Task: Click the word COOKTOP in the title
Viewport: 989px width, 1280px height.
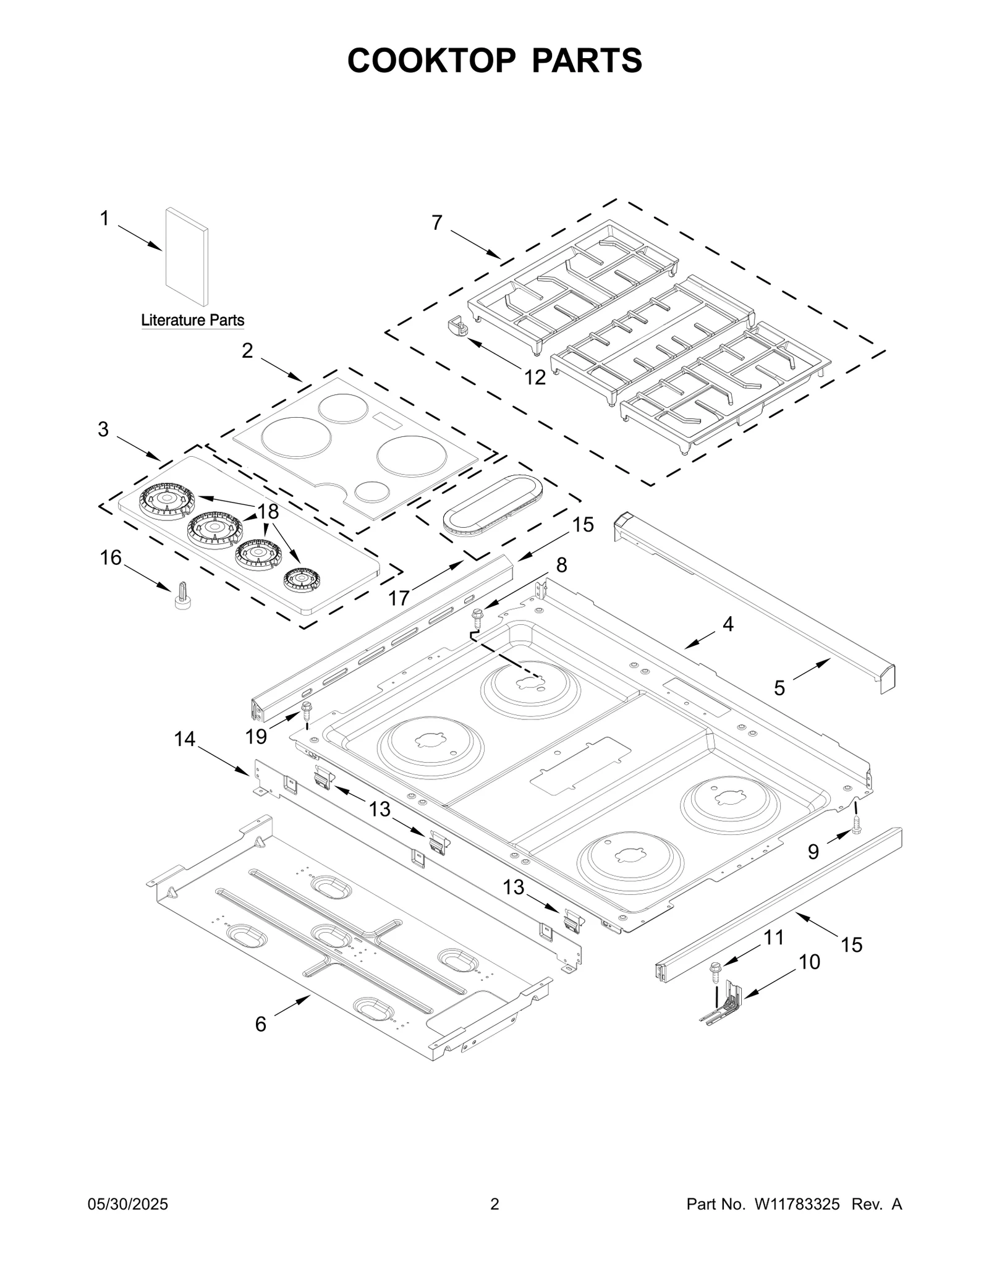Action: click(431, 61)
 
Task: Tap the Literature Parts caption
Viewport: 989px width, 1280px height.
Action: click(192, 320)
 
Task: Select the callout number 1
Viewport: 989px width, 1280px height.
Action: click(104, 218)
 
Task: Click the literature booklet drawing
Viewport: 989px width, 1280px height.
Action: click(187, 256)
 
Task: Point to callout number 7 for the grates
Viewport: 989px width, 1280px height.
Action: click(437, 223)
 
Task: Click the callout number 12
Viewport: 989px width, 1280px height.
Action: click(535, 377)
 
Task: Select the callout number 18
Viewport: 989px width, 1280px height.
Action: click(268, 511)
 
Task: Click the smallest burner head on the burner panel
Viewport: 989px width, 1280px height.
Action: click(302, 579)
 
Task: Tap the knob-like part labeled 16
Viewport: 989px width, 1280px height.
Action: click(182, 596)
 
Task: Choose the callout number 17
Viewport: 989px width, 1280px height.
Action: click(399, 598)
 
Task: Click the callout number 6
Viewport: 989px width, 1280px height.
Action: click(261, 1024)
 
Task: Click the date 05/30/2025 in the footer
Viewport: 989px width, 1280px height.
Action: click(128, 1204)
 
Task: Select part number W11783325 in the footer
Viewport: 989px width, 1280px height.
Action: click(796, 1204)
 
